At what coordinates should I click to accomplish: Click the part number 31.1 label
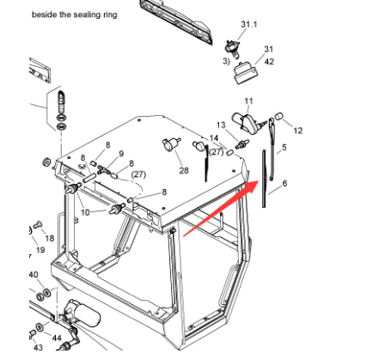248,24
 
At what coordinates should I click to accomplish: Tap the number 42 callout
269,62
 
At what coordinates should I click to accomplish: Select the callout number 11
248,101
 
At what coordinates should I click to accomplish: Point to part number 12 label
298,131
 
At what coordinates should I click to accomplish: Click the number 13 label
221,125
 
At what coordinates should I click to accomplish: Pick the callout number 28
184,171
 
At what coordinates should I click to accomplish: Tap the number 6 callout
284,183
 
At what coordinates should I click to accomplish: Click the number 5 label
284,148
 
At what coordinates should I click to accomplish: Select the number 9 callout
121,154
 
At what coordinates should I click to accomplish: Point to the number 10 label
85,212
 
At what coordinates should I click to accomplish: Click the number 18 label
50,238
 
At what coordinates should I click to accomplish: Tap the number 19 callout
40,250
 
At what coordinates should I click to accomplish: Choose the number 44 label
57,339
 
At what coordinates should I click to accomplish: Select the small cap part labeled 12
278,116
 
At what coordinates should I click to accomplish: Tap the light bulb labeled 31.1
232,49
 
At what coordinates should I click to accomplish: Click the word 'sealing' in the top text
84,15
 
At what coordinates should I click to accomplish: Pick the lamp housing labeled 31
246,73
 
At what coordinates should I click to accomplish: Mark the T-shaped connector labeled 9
103,169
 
